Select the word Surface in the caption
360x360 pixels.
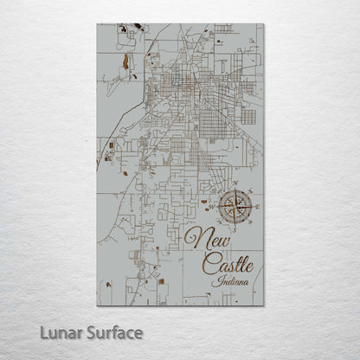[x=112, y=331]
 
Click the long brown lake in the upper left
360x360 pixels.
[x=125, y=61]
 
